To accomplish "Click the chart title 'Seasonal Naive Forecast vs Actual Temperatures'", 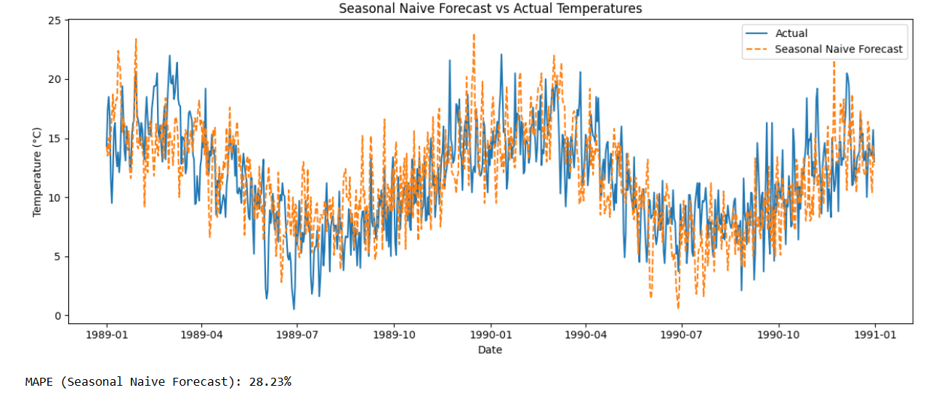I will click(491, 9).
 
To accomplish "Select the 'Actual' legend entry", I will click(791, 33).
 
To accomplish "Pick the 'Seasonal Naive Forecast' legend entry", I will click(839, 49).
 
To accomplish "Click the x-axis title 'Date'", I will click(490, 349).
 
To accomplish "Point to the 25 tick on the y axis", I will click(55, 20).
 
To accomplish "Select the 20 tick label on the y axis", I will click(55, 79).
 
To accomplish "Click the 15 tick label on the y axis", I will click(55, 138).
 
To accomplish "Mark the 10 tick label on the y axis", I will click(55, 198).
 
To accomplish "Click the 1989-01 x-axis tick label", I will click(106, 335).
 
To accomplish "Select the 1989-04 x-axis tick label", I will click(201, 335).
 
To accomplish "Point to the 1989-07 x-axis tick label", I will click(297, 335).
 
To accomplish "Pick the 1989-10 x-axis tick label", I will click(394, 335).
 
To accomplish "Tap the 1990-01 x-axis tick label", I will click(491, 335).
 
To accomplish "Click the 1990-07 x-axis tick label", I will click(682, 335).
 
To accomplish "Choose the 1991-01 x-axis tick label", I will click(874, 335).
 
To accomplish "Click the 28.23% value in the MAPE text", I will click(270, 381).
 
